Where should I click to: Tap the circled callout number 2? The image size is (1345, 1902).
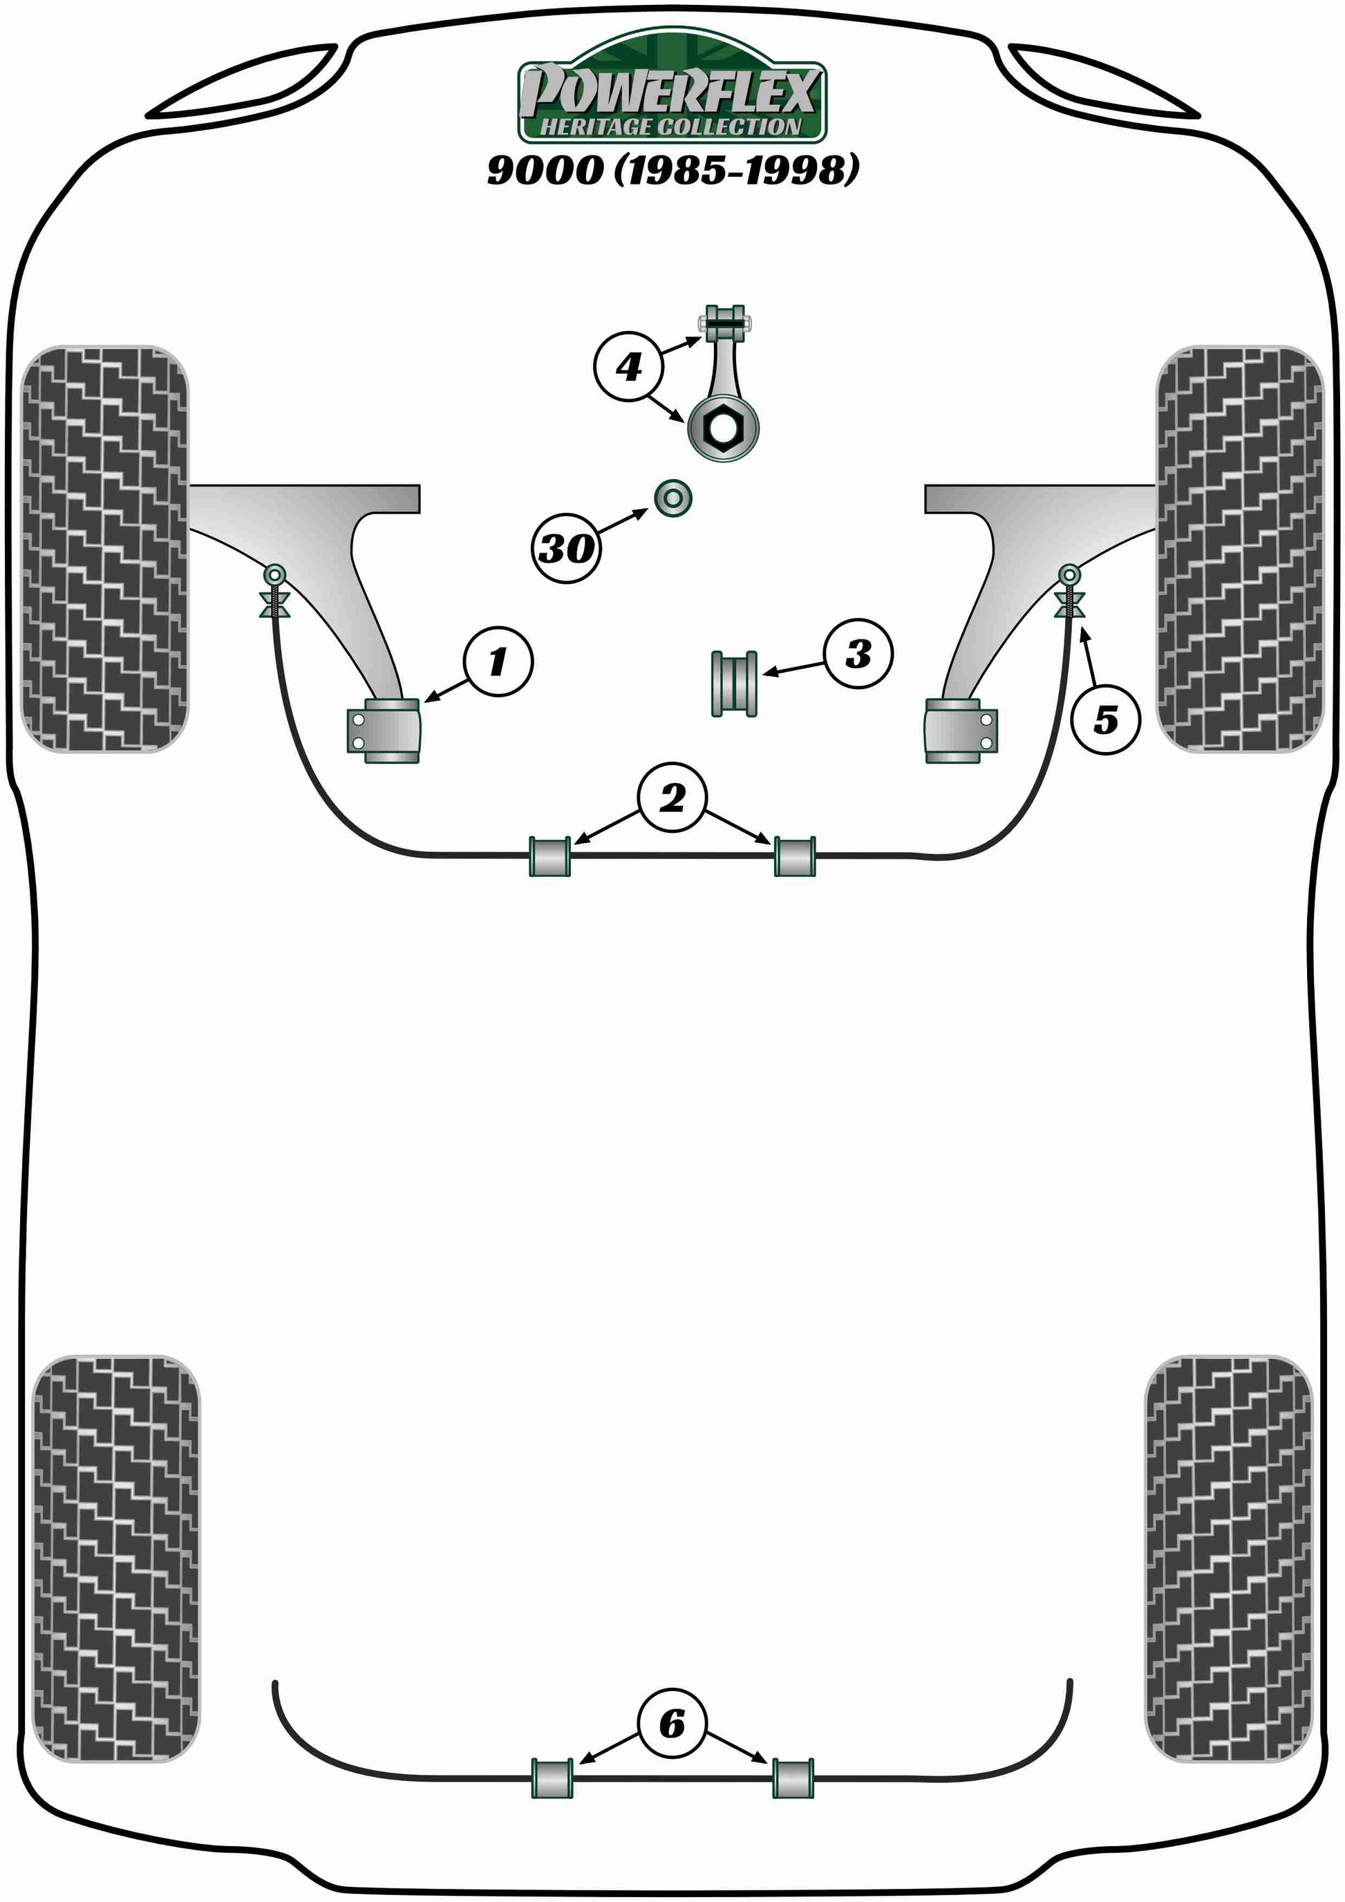672,798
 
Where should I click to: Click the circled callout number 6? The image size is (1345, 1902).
672,1724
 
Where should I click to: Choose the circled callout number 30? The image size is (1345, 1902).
567,547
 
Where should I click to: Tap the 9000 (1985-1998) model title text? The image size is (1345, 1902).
672,170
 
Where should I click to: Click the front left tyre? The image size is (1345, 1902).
104,548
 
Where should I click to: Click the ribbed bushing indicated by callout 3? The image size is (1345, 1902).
735,684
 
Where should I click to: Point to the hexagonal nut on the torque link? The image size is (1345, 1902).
723,426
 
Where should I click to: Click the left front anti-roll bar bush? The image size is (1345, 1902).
550,856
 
